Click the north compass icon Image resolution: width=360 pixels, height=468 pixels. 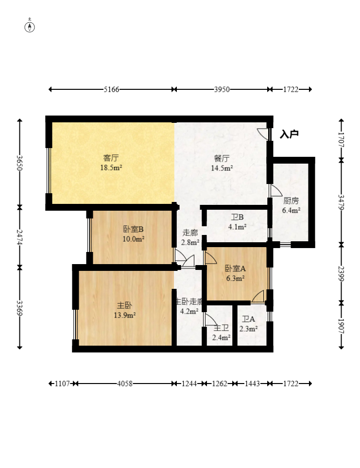click(30, 26)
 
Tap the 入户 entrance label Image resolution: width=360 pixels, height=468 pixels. click(289, 134)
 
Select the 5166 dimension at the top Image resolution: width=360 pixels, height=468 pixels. click(112, 89)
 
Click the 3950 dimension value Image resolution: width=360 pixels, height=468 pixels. click(222, 89)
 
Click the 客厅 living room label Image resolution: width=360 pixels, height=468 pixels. click(111, 158)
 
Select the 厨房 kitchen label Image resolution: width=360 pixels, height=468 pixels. click(291, 201)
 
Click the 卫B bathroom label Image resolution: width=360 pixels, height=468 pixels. click(237, 217)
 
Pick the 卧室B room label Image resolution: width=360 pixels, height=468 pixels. click(133, 229)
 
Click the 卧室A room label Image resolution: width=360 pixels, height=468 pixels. click(235, 268)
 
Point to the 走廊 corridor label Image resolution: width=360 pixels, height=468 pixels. click(190, 233)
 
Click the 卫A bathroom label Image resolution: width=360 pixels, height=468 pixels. click(248, 319)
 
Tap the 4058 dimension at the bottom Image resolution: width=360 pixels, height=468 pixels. click(125, 384)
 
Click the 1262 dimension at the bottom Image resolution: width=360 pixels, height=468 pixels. click(220, 384)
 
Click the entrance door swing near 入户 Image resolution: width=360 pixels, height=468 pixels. click(263, 134)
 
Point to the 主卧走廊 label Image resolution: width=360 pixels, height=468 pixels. click(189, 301)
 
